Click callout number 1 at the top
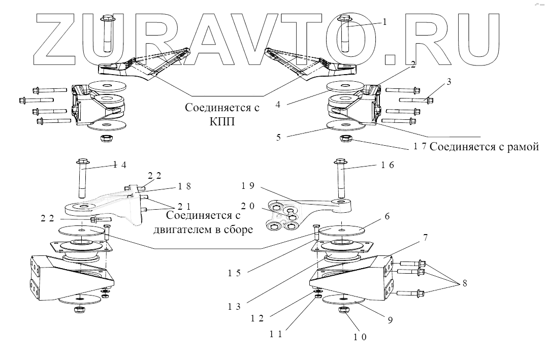385,22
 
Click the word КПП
214,123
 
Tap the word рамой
519,147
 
